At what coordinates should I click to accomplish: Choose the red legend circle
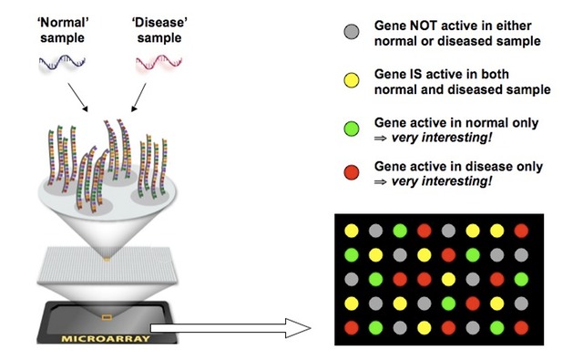[350, 175]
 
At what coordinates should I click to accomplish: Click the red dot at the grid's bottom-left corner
[352, 326]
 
